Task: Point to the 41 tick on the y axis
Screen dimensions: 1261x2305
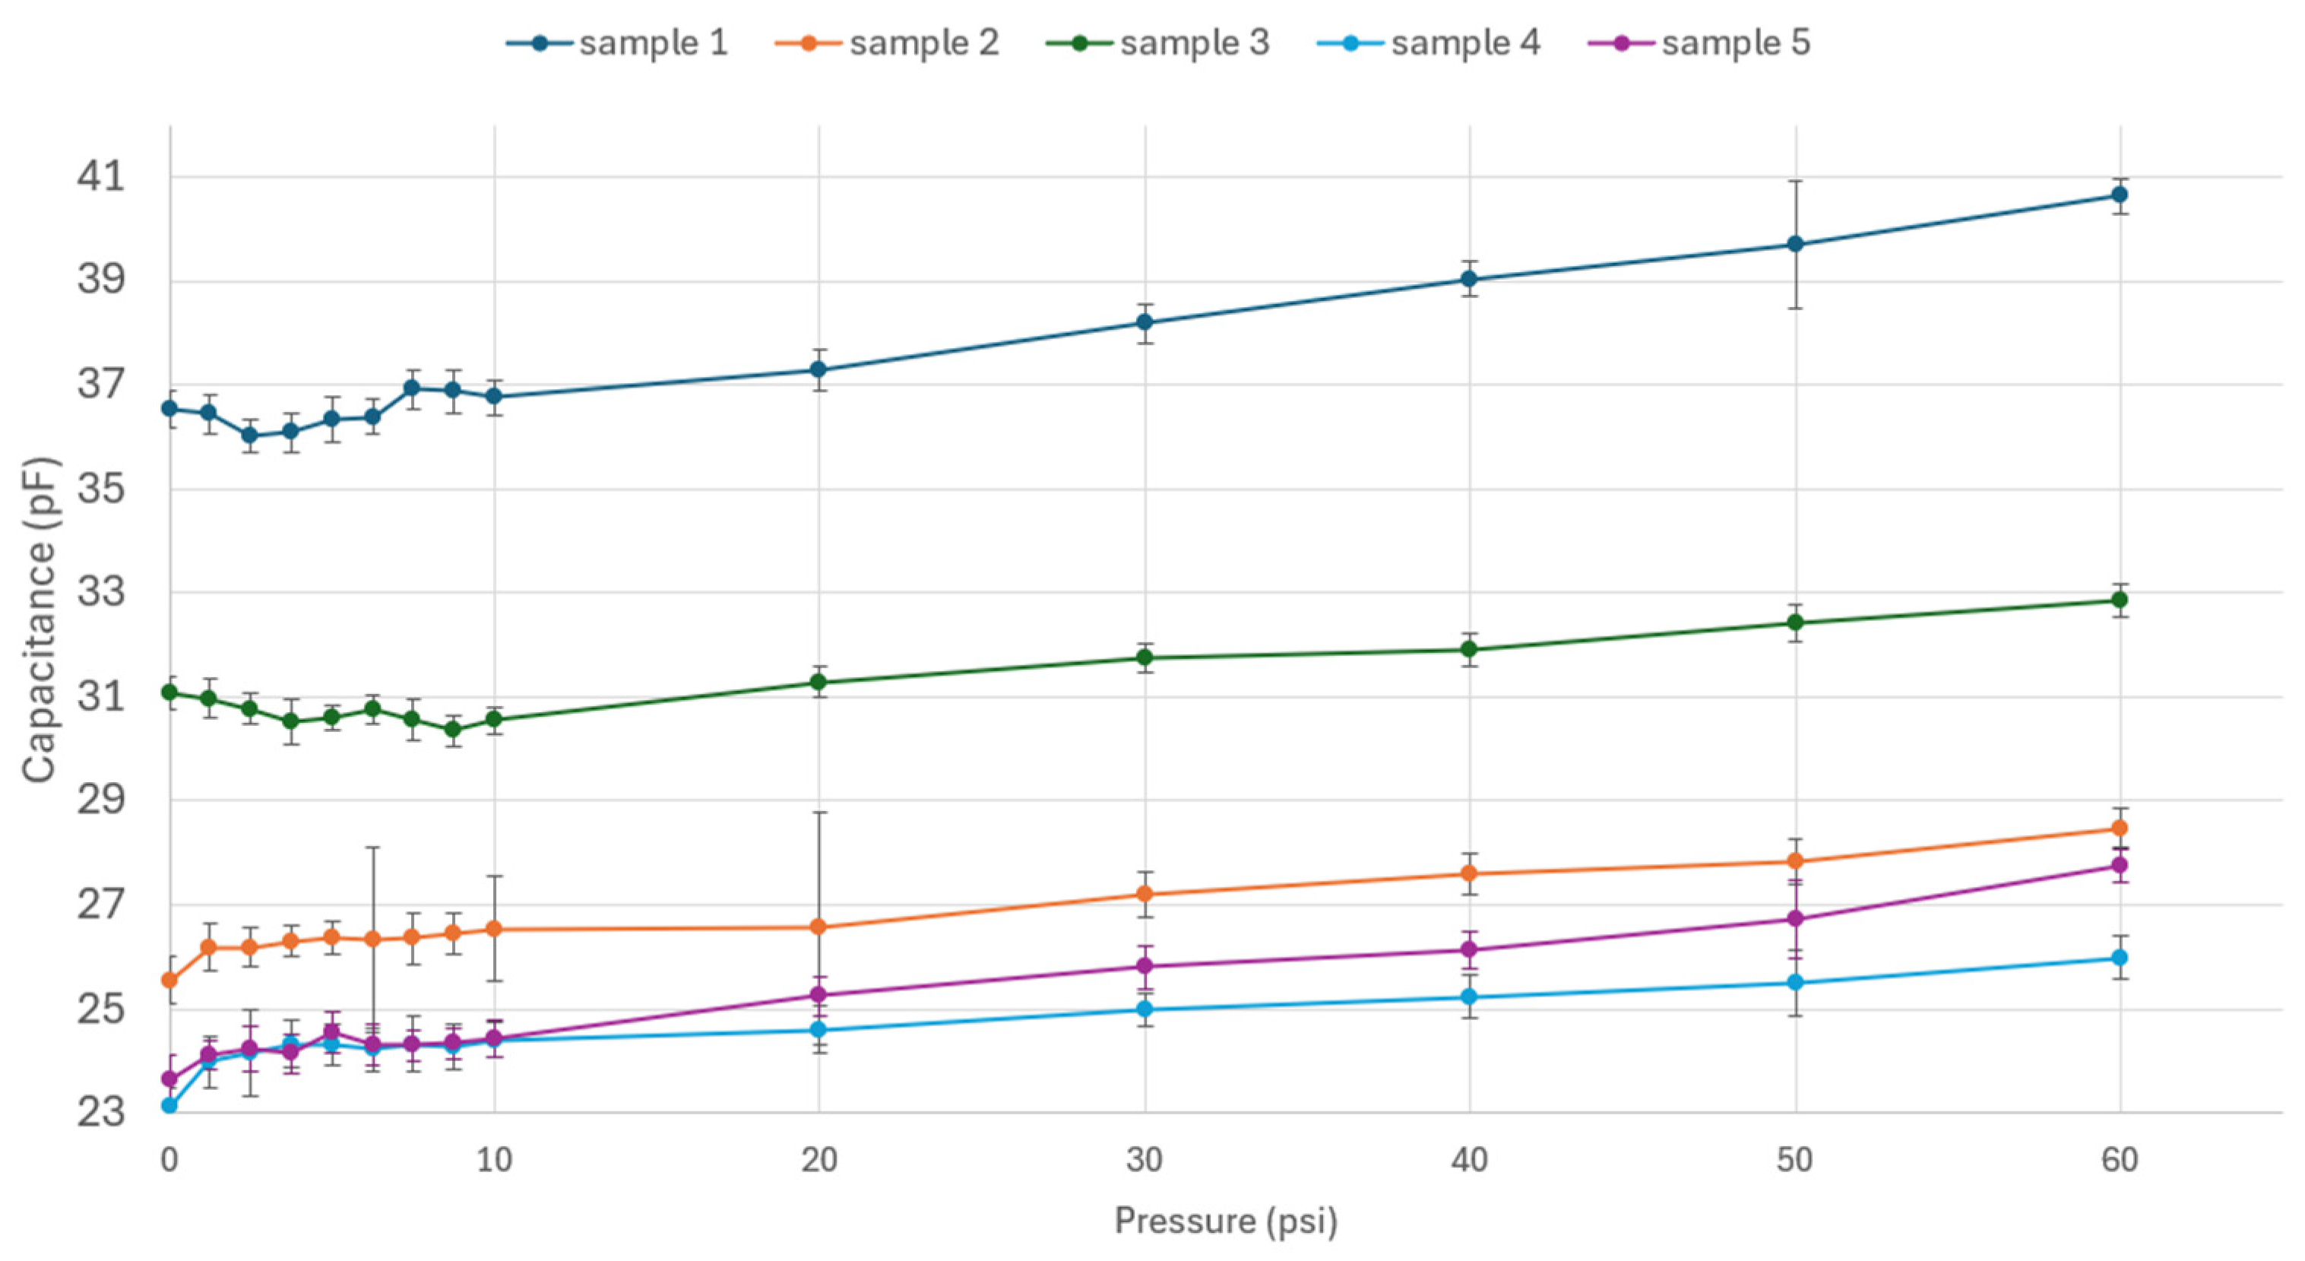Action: pyautogui.click(x=101, y=176)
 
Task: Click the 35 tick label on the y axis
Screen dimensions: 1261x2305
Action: pyautogui.click(x=101, y=490)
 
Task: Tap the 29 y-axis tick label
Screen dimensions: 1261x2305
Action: pyautogui.click(x=101, y=800)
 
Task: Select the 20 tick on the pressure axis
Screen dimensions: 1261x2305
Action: pyautogui.click(x=818, y=1161)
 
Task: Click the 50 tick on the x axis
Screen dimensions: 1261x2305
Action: pyautogui.click(x=1794, y=1161)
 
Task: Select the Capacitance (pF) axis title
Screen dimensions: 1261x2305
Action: pyautogui.click(x=40, y=620)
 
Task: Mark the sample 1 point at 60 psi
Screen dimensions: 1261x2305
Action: pyautogui.click(x=2119, y=195)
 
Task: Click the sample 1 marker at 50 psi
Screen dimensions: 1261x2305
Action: pyautogui.click(x=1794, y=244)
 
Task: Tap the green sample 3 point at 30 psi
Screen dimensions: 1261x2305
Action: pyautogui.click(x=1144, y=657)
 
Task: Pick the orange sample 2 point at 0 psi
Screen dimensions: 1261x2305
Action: pyautogui.click(x=169, y=981)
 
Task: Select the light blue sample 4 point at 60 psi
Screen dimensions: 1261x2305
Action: pyautogui.click(x=2119, y=958)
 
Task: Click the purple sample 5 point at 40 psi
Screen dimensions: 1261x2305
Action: pyautogui.click(x=1468, y=950)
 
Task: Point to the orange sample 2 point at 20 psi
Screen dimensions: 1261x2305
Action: pyautogui.click(x=818, y=927)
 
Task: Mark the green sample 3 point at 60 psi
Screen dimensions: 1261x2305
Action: pyautogui.click(x=2119, y=600)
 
